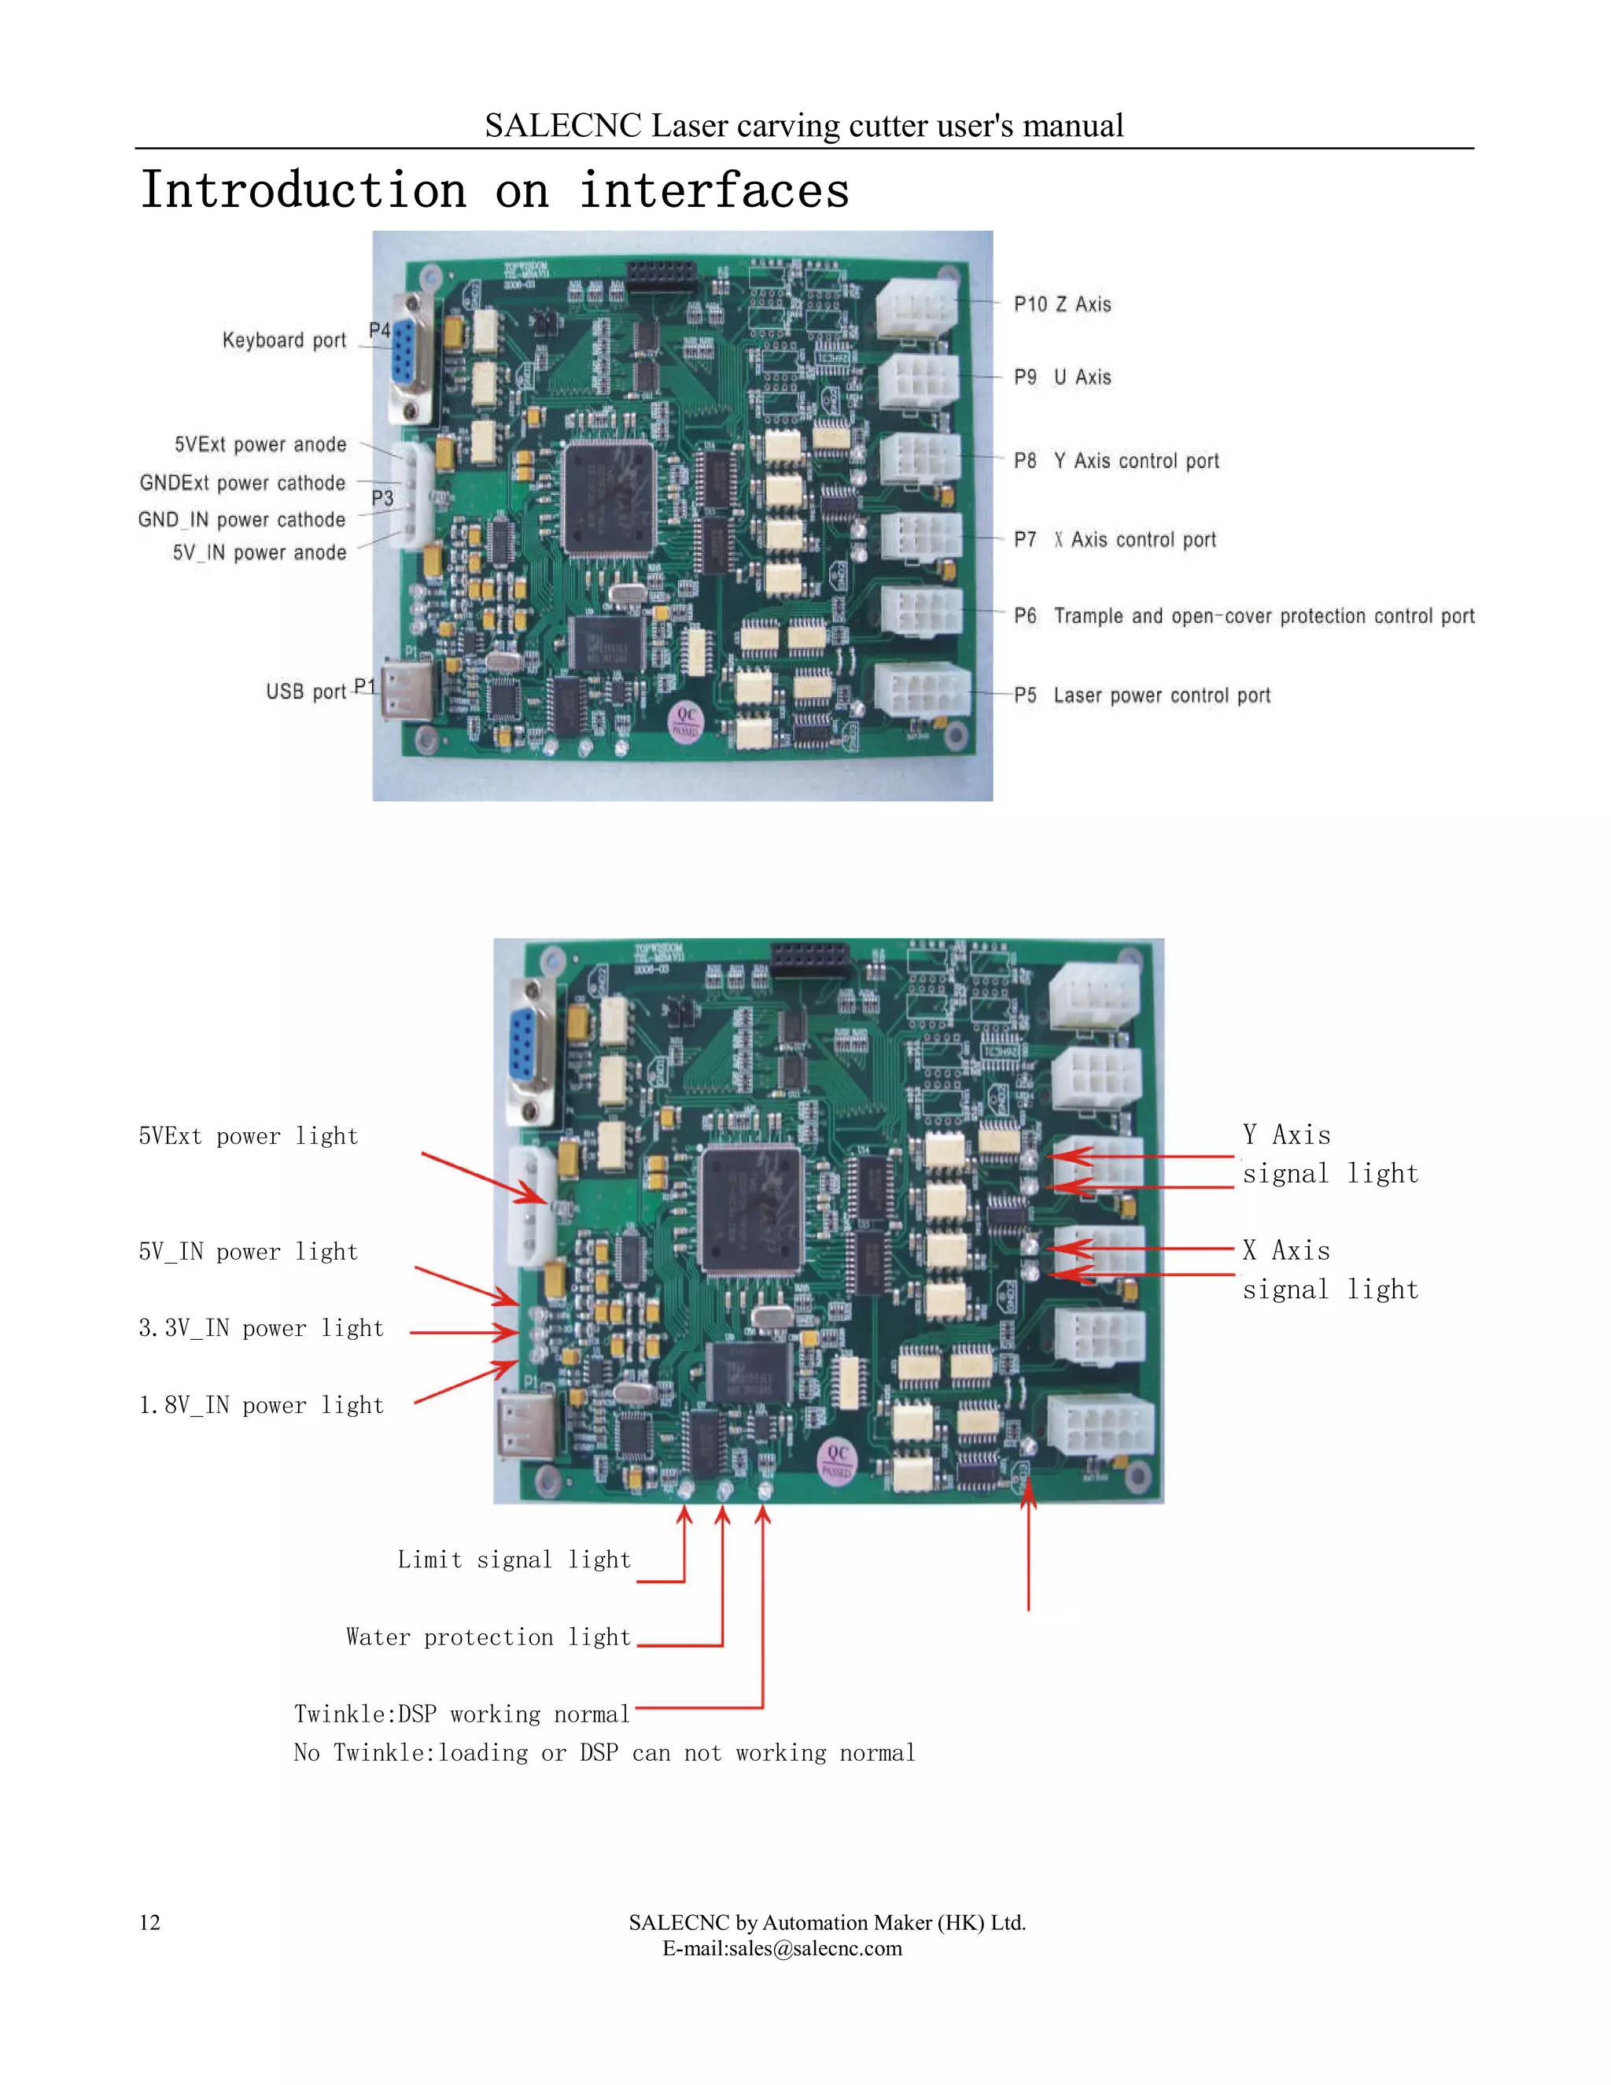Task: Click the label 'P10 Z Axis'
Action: tap(1061, 304)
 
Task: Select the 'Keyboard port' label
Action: tap(283, 341)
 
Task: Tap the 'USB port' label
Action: tap(305, 691)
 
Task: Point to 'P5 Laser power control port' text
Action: tap(1141, 695)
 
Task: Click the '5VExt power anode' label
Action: tap(260, 445)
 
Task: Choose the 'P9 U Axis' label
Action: tap(1061, 377)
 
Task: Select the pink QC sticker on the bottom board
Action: tap(837, 1460)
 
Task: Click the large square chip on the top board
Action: tap(609, 498)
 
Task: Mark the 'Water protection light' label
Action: tap(488, 1637)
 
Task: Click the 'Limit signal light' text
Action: tap(514, 1560)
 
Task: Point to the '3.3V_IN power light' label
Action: tap(260, 1328)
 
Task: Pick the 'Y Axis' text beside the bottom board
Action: tap(1285, 1135)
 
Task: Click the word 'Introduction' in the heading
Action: tap(304, 190)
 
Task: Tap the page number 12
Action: tap(149, 1923)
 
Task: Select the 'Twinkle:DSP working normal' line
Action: tap(462, 1714)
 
